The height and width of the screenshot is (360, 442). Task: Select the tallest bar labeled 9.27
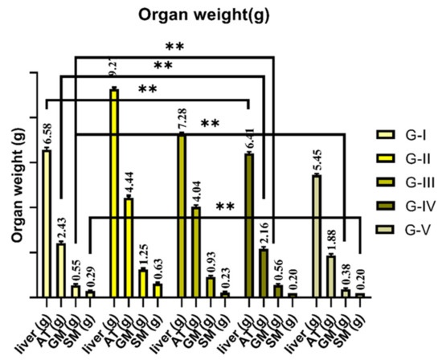pos(114,192)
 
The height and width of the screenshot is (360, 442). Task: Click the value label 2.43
pos(62,227)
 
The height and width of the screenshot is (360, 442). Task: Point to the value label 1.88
pos(332,240)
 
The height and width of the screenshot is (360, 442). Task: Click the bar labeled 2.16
pos(264,272)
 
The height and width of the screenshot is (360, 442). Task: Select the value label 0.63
pos(158,266)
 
